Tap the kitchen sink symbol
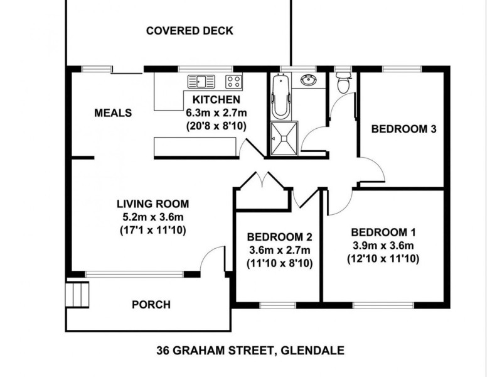point(201,81)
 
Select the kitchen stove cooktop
point(233,81)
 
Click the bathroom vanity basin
point(308,80)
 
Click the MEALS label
point(113,113)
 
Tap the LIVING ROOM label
point(152,204)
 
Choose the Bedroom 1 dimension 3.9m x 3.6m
point(383,245)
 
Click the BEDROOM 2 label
point(280,237)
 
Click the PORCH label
point(151,305)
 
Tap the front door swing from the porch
point(215,259)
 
